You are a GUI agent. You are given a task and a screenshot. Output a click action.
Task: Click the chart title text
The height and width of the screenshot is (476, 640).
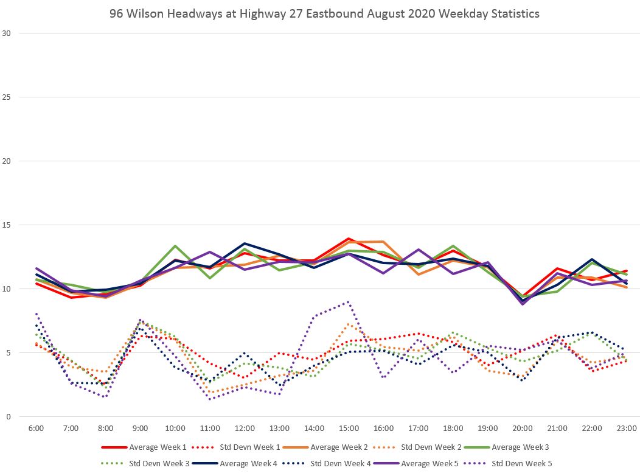tap(324, 13)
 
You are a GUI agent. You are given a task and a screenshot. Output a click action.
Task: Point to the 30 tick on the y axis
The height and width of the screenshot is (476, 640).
tap(7, 33)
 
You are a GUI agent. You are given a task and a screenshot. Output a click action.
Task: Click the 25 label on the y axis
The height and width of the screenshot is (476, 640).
tap(7, 97)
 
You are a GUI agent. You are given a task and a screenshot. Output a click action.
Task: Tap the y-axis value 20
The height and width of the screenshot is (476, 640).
tap(7, 161)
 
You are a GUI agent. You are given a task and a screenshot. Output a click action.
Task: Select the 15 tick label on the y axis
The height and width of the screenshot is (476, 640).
tap(7, 225)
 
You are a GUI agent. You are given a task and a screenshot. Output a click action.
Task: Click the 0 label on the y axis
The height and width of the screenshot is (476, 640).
tap(9, 417)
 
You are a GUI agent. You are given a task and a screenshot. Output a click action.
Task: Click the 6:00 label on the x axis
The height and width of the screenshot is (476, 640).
tap(36, 429)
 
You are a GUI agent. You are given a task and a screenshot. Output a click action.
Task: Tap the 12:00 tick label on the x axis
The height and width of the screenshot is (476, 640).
tap(245, 429)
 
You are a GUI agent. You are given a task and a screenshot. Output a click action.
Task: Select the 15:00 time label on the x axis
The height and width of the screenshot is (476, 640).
tap(349, 429)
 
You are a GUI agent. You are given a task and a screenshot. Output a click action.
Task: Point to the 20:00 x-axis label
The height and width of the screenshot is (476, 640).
tap(523, 429)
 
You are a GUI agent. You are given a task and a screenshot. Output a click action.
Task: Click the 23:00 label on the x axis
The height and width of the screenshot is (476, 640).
tap(627, 429)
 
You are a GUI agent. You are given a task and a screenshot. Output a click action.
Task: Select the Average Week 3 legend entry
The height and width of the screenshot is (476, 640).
tap(520, 447)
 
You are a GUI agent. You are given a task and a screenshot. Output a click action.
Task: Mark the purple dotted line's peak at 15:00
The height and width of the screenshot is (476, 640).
tap(349, 301)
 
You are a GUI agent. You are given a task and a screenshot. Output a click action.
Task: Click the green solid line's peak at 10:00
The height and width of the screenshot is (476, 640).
tap(175, 246)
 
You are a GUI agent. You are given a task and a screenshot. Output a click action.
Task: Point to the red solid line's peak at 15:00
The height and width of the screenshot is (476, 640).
tap(349, 239)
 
